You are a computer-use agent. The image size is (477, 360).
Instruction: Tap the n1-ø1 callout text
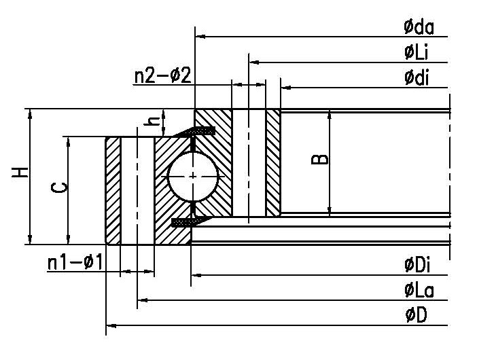[75, 262]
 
